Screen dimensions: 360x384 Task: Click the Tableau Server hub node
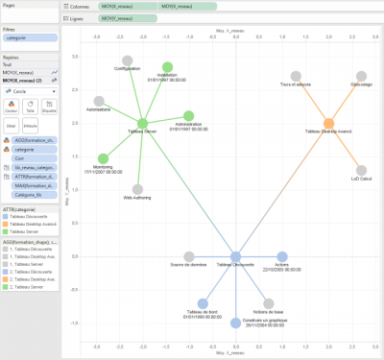pyautogui.click(x=142, y=123)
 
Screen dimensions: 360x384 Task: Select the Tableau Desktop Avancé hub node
pyautogui.click(x=328, y=124)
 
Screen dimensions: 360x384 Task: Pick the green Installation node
pyautogui.click(x=167, y=68)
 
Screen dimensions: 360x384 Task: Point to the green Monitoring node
pyautogui.click(x=104, y=159)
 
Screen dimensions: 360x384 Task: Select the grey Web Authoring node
pyautogui.click(x=138, y=189)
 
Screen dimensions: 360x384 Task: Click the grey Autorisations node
pyautogui.click(x=99, y=101)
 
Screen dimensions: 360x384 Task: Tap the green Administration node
pyautogui.click(x=188, y=116)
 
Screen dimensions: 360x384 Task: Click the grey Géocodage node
pyautogui.click(x=361, y=77)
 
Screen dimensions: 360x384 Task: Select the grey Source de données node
pyautogui.click(x=189, y=255)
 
